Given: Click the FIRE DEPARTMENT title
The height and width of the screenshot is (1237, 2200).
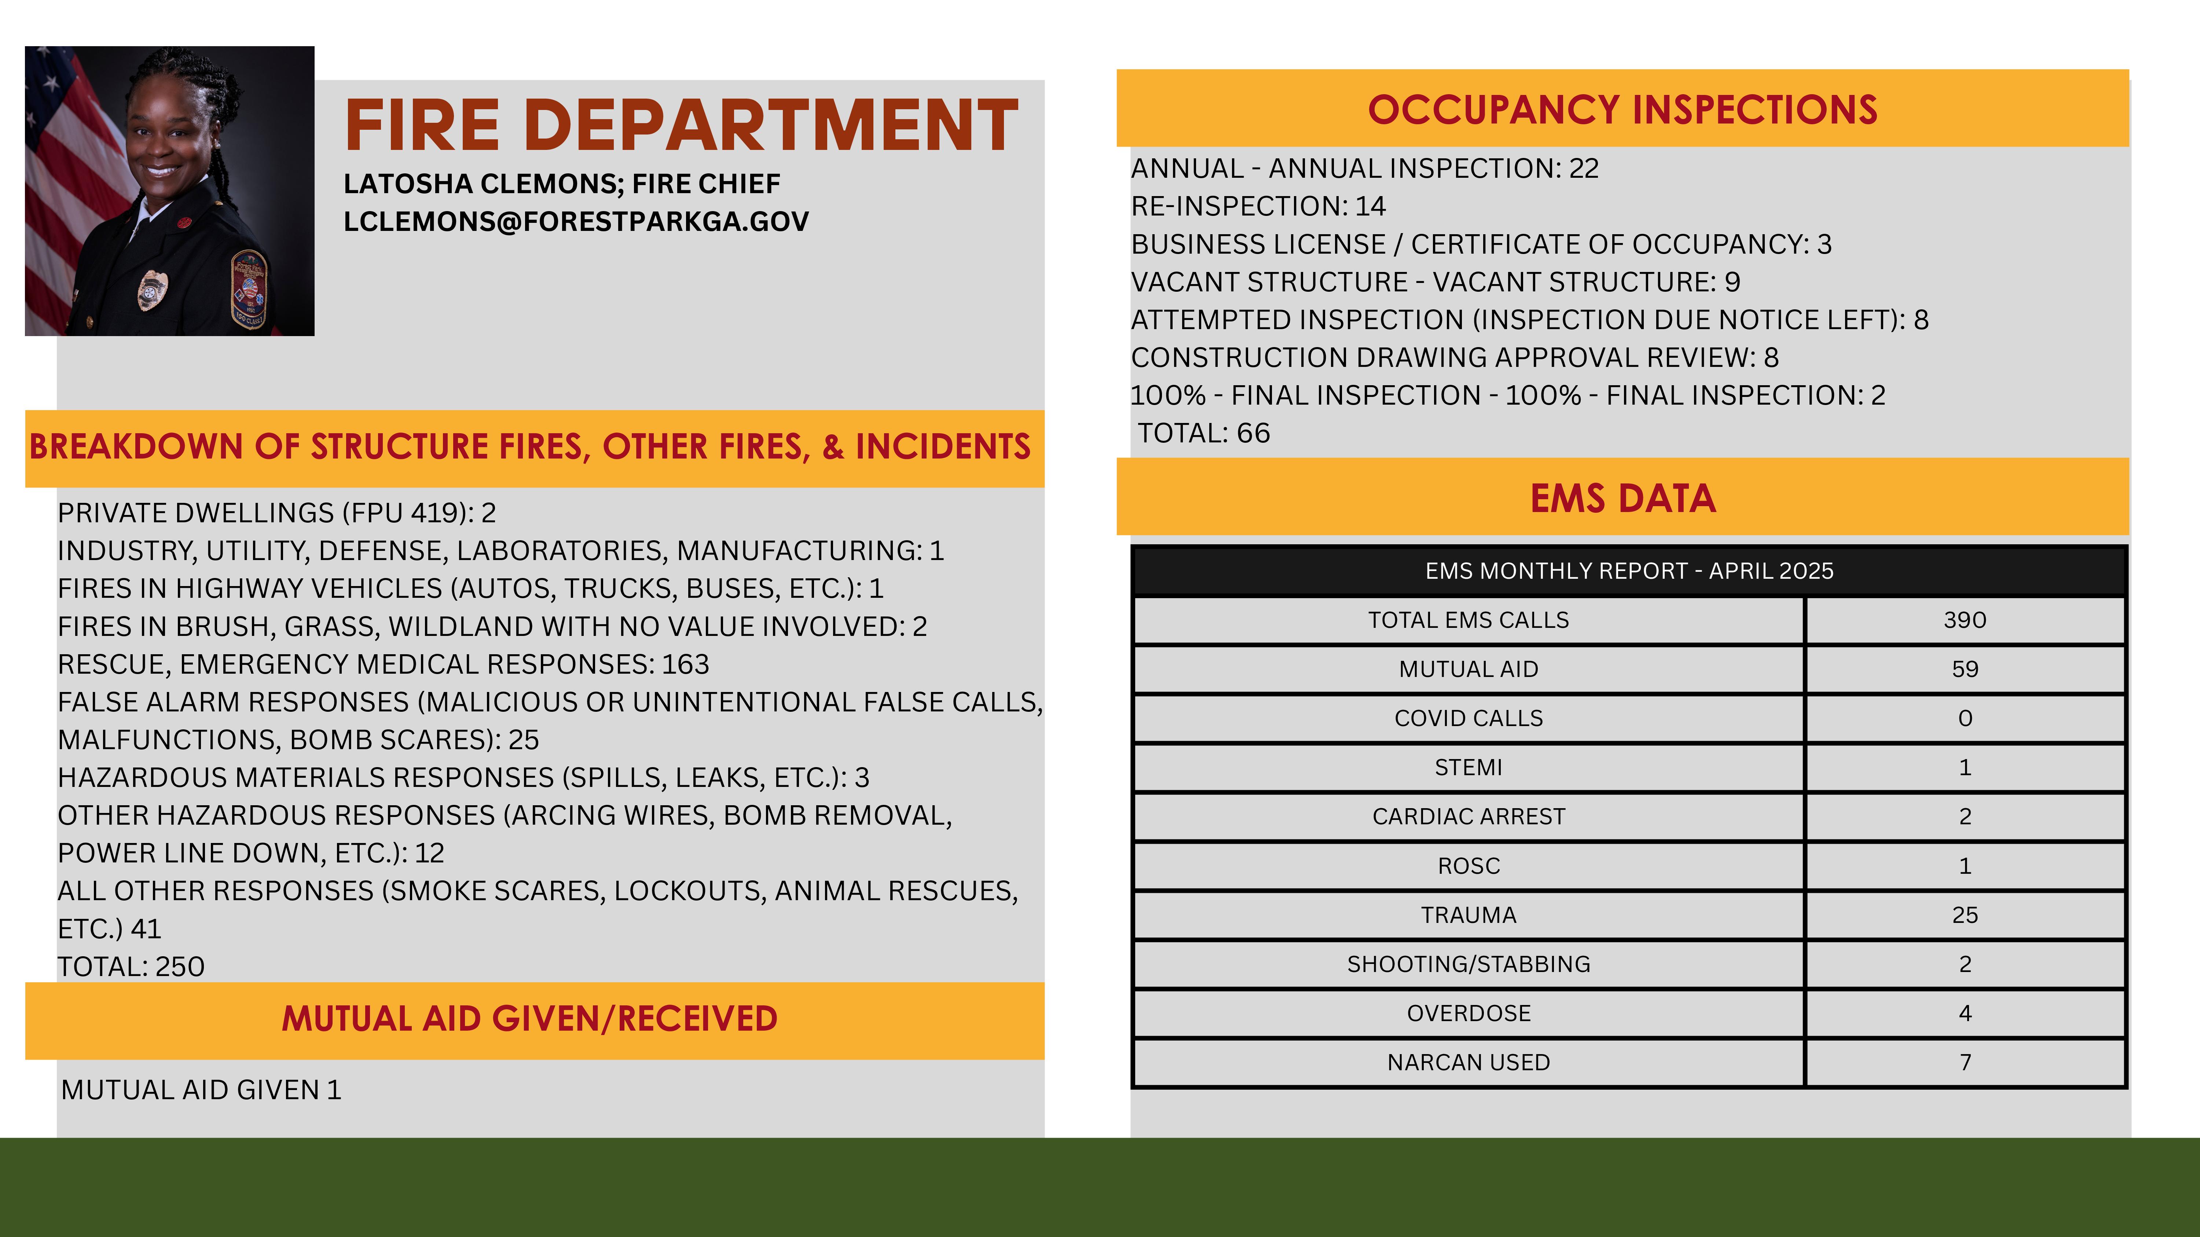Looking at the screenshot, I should pyautogui.click(x=681, y=125).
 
